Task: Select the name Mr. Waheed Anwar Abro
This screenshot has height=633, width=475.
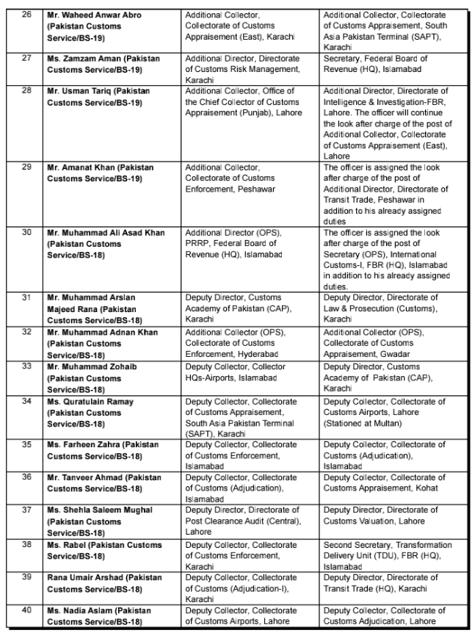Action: pos(96,14)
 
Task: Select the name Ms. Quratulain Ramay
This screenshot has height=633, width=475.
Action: pos(90,401)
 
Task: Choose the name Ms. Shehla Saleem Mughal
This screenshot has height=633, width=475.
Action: pos(97,510)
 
